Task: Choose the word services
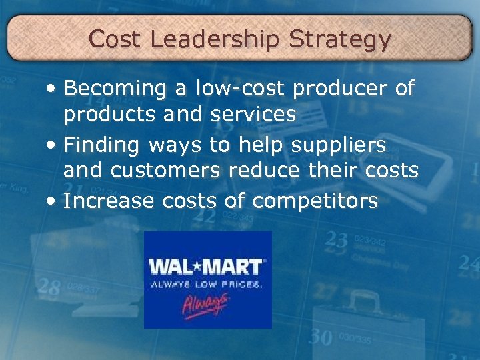coord(253,115)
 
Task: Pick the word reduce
coord(264,171)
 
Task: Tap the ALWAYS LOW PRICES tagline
coord(206,285)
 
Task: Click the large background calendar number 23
coord(337,240)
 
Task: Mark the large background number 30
coord(322,337)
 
